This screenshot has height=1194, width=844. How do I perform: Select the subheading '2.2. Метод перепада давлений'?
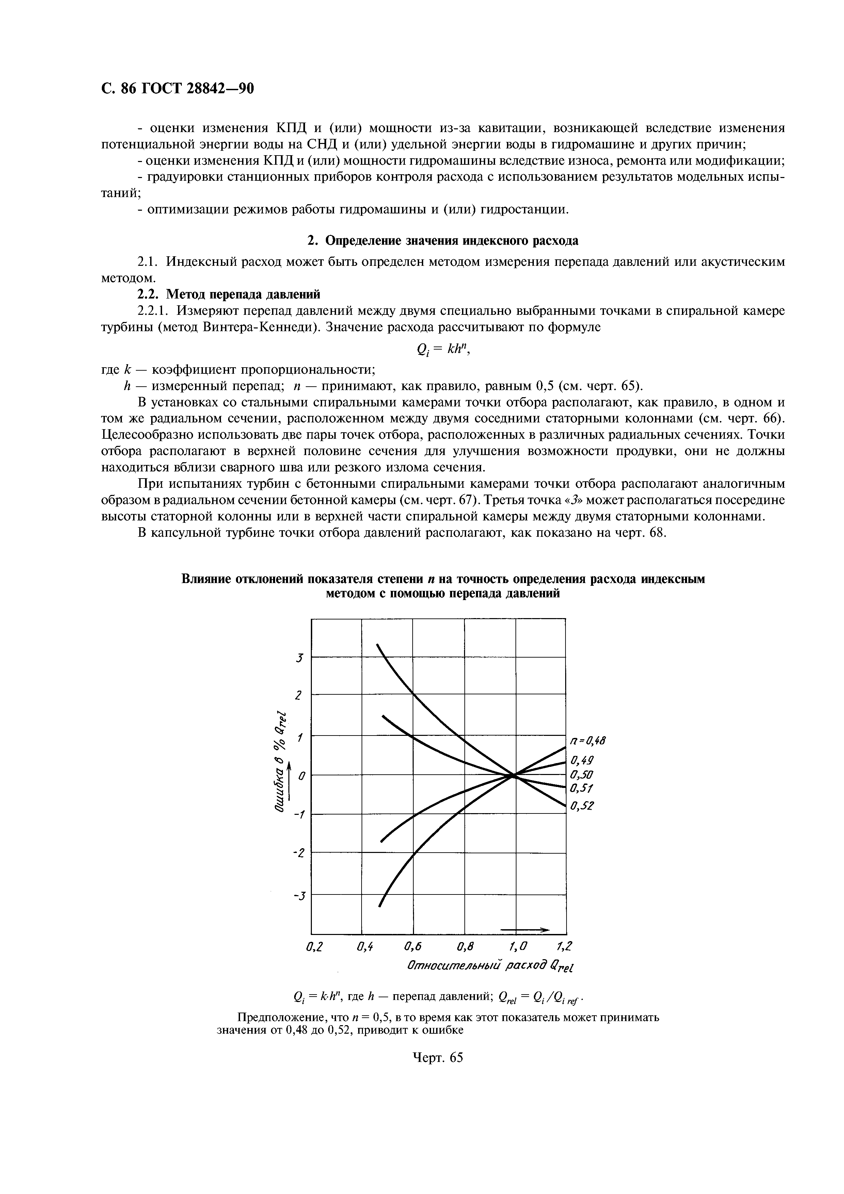coord(228,295)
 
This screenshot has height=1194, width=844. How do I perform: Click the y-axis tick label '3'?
coord(299,658)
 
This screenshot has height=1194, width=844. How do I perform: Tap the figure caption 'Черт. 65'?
coord(437,1058)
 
